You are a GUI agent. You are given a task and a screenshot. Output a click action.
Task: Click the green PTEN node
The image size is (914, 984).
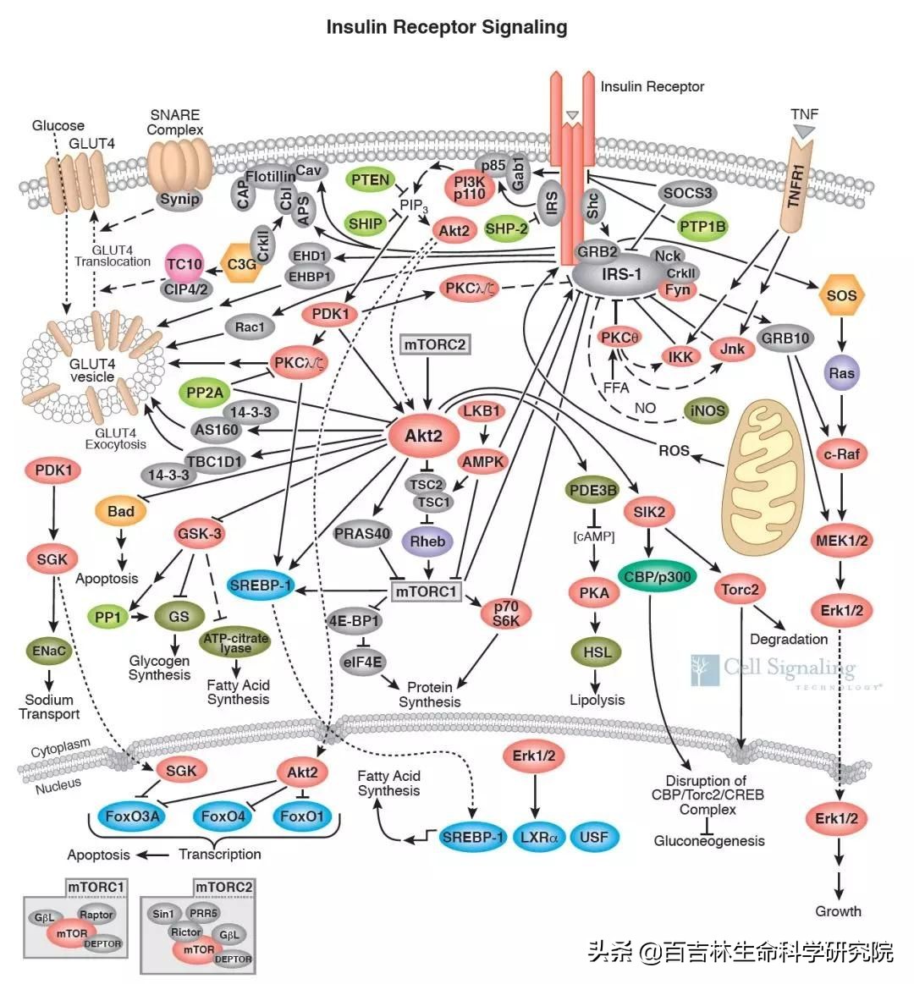[x=371, y=179]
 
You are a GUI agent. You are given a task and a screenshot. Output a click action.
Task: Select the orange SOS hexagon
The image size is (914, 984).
[x=841, y=295]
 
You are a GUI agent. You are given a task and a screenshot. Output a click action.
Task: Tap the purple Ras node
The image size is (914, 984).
[x=842, y=372]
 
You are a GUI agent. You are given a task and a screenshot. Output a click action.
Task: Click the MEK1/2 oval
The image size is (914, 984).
[x=840, y=540]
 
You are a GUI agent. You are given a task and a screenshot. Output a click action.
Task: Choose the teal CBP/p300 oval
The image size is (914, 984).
[x=657, y=577]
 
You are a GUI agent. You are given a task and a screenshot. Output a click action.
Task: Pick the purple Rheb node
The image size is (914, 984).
[x=427, y=541]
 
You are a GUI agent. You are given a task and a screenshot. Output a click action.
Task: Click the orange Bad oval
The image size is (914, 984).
[x=121, y=511]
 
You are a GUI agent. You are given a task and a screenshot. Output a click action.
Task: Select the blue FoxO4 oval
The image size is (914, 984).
[x=223, y=817]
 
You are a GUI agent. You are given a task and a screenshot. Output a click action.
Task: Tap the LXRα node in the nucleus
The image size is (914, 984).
[x=539, y=838]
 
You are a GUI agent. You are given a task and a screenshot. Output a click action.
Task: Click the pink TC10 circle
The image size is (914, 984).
[x=184, y=265]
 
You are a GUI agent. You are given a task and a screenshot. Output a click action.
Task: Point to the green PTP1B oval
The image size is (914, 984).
[x=702, y=227]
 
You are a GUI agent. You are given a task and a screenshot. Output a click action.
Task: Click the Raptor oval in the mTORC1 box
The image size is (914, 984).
[x=96, y=915]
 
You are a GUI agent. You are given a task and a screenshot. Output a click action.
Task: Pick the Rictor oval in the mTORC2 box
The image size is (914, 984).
[x=185, y=932]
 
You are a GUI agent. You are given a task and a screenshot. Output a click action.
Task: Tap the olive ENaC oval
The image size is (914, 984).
[x=50, y=651]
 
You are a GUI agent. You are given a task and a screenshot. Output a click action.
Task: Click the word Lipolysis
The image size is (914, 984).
[x=597, y=700]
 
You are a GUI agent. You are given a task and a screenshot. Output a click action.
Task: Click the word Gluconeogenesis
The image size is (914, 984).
[x=709, y=841]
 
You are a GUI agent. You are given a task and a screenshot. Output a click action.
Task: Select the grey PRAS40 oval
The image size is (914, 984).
[x=362, y=534]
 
